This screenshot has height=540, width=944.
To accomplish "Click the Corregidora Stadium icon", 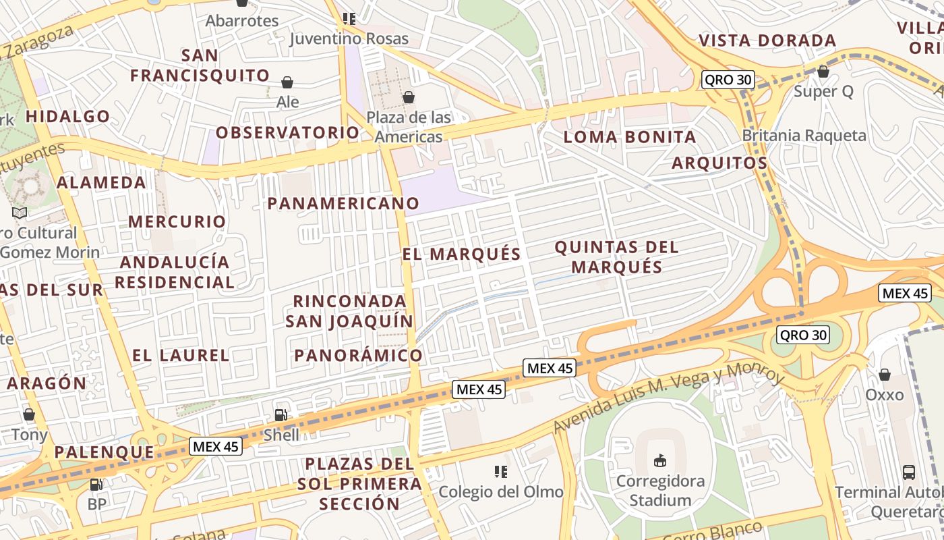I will coord(660,461).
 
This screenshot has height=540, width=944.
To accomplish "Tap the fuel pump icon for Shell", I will coord(281,415).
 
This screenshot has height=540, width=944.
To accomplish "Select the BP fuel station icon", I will coord(96,484).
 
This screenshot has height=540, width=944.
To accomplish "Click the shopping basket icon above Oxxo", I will coord(884,374).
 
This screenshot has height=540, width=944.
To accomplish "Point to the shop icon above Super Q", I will coord(823,72).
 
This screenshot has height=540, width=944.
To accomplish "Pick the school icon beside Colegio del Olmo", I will coord(500,471).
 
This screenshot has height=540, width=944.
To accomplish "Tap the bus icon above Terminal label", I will coord(908,472).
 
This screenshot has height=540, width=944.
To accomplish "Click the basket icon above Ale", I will coord(287,82).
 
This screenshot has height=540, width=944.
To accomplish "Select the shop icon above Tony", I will coord(28,414).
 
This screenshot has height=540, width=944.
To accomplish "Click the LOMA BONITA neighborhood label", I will coord(630,137).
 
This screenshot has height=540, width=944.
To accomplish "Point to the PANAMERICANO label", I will coord(343,203).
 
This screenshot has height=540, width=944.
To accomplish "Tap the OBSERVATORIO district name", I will coord(288,132).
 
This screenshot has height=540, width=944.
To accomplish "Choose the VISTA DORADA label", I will coord(767,40).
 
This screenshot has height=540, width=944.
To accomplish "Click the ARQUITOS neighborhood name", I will coord(719,163).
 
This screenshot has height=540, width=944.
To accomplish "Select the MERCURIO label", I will coord(177,221).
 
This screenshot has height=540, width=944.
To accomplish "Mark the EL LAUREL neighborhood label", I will coord(181,355).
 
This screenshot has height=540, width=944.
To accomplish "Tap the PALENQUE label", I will coord(105,452).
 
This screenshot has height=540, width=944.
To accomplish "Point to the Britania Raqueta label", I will coord(804,135).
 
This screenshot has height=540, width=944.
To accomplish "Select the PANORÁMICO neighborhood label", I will coord(358,355).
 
